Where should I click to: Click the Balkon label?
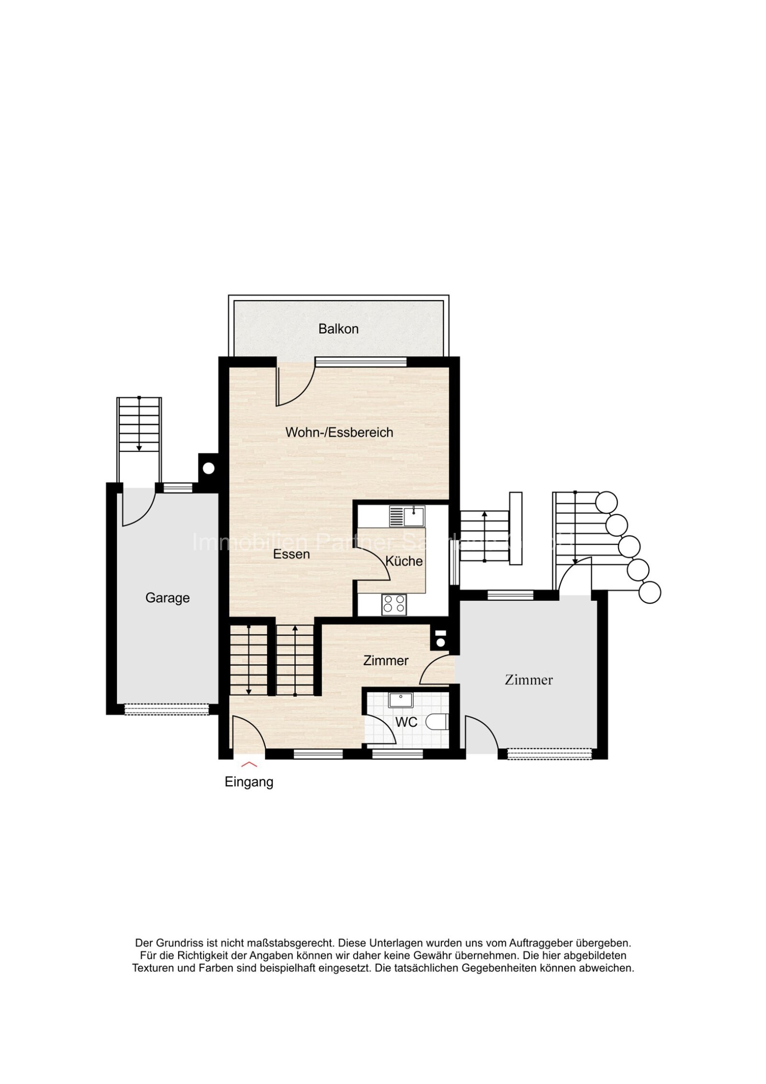pyautogui.click(x=338, y=329)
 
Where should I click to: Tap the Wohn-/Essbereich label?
pyautogui.click(x=339, y=432)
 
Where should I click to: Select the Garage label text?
pyautogui.click(x=168, y=598)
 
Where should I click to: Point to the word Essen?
pyautogui.click(x=291, y=554)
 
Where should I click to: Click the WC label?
pyautogui.click(x=406, y=722)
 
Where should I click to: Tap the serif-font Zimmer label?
pyautogui.click(x=529, y=679)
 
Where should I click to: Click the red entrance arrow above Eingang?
pyautogui.click(x=249, y=764)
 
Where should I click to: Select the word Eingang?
pyautogui.click(x=249, y=782)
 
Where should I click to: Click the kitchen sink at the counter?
pyautogui.click(x=406, y=516)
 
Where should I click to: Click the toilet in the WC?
pyautogui.click(x=438, y=722)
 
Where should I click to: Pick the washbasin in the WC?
pyautogui.click(x=400, y=700)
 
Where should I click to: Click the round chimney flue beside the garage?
pyautogui.click(x=208, y=468)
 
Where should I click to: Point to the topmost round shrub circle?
pyautogui.click(x=607, y=502)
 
